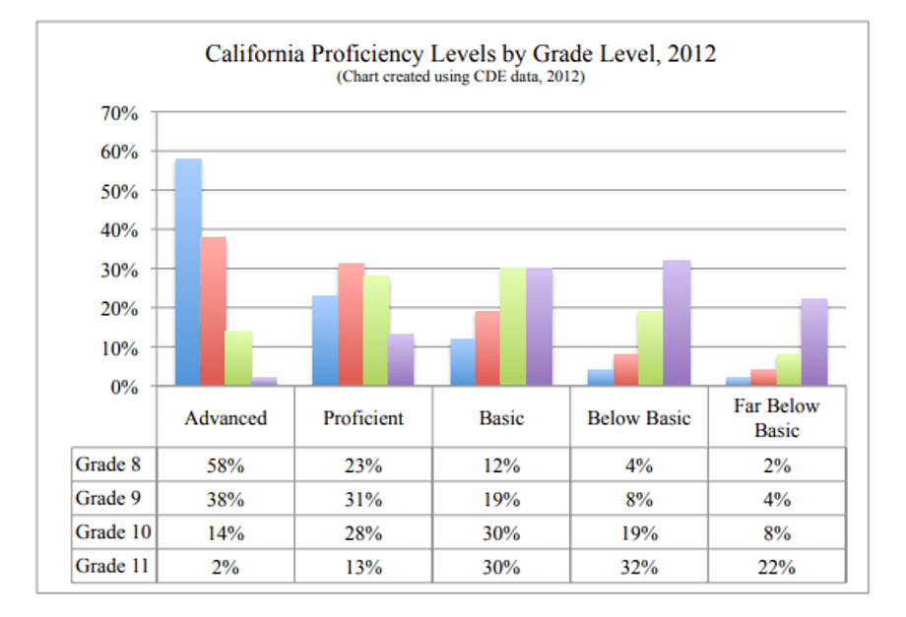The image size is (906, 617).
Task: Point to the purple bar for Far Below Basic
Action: point(814,342)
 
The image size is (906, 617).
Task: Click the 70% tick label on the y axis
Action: point(119,113)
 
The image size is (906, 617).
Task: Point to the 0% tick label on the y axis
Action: point(124,387)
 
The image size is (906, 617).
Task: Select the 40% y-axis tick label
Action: point(119,230)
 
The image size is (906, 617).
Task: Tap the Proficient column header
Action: point(363,418)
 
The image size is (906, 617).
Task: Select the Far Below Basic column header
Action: point(777,418)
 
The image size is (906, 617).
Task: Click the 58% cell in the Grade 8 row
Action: point(226,466)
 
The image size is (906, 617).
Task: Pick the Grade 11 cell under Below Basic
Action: point(639,567)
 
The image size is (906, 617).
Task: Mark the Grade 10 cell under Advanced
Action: point(226,533)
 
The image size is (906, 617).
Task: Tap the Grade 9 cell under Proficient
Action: point(363,500)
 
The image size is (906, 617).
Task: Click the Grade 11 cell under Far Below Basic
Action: point(777,567)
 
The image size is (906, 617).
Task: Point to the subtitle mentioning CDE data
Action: point(461,77)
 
